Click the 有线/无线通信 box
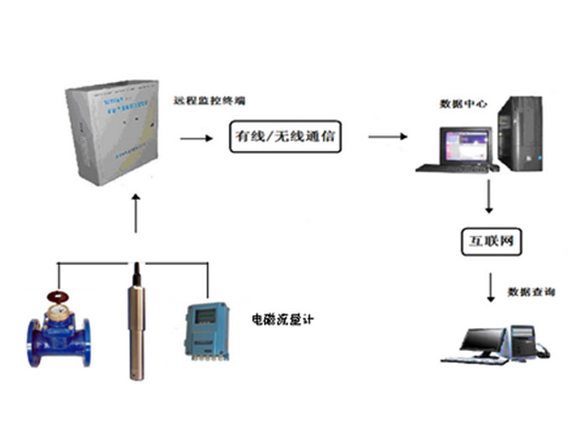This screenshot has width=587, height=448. [x=285, y=136]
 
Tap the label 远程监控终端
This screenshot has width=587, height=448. [x=210, y=102]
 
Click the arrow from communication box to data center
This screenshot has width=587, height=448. [x=387, y=136]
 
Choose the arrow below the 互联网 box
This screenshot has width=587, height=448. [x=491, y=285]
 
